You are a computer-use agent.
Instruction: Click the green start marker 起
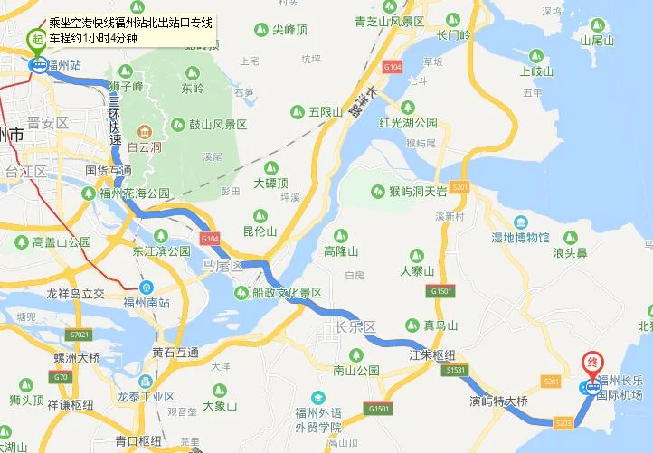(x=38, y=38)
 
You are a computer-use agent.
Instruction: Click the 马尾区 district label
(x=223, y=266)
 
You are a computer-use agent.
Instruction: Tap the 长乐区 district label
(x=355, y=326)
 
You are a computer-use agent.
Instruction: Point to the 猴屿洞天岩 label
(x=417, y=192)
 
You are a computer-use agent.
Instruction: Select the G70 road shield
(x=61, y=377)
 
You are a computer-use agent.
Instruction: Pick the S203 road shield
(x=562, y=421)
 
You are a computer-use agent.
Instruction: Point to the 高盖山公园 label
(x=62, y=242)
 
